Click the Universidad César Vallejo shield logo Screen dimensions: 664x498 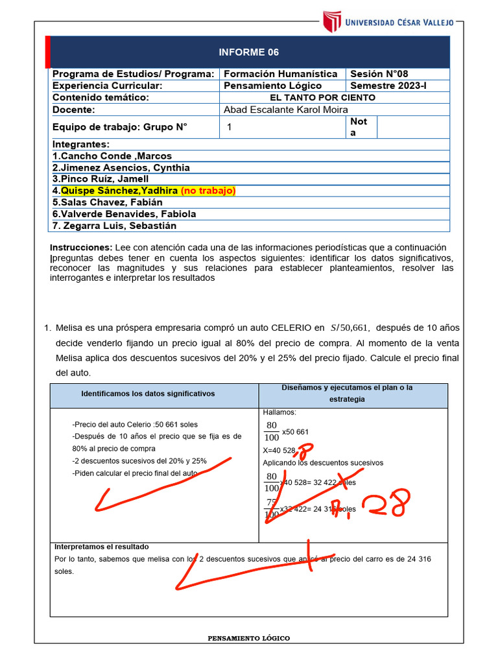tap(331, 21)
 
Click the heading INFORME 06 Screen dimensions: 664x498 tap(249, 53)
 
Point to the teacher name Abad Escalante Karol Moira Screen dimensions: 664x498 tap(285, 110)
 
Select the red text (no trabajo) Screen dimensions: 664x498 tap(208, 191)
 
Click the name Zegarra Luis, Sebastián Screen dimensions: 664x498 tap(114, 226)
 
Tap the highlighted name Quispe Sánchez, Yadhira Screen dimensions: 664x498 tap(119, 191)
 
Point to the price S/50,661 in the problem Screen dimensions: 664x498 tap(350, 327)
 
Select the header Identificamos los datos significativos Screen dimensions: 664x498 tap(148, 394)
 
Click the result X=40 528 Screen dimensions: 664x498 tap(279, 450)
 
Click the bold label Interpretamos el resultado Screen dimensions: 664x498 tap(101, 547)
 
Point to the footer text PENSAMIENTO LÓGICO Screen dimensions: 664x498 tap(248, 639)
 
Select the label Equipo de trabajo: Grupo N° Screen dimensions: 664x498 tap(119, 127)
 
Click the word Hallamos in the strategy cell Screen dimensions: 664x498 tap(279, 412)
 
